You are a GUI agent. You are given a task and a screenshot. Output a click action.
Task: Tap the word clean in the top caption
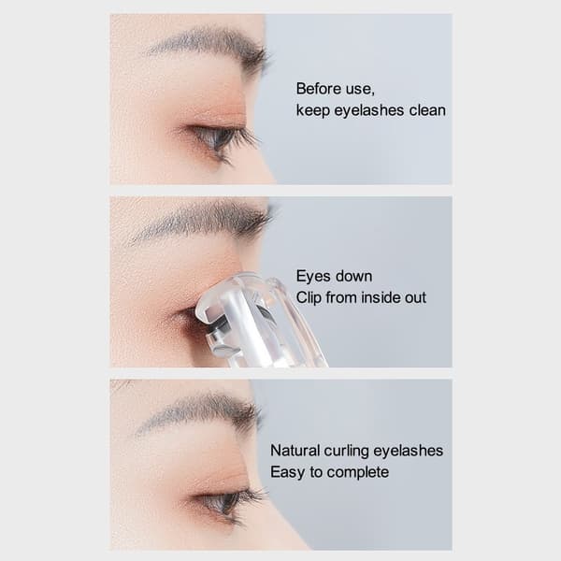427,110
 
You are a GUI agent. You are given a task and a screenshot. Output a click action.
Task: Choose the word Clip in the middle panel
309,298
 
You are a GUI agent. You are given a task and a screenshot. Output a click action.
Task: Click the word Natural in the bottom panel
295,451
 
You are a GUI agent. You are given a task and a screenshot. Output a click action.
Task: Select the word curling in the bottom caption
347,452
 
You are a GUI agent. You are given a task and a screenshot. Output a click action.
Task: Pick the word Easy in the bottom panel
288,472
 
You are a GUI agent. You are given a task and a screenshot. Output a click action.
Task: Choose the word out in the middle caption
415,298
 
